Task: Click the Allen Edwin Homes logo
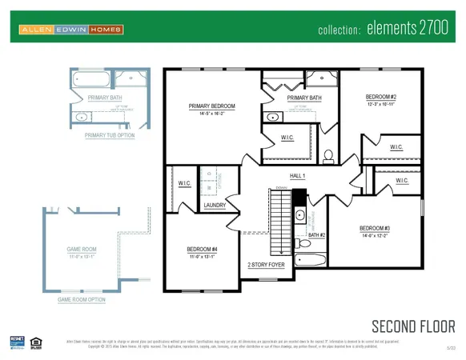[72, 30]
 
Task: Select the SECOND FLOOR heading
[413, 326]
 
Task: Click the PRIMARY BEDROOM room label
[211, 106]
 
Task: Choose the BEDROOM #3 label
[375, 228]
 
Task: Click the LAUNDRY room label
[215, 205]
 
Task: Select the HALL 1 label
[298, 175]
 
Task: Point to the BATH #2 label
[317, 234]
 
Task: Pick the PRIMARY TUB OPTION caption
[110, 135]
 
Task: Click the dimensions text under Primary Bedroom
[211, 114]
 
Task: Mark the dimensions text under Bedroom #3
[375, 235]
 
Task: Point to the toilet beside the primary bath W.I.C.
[327, 154]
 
